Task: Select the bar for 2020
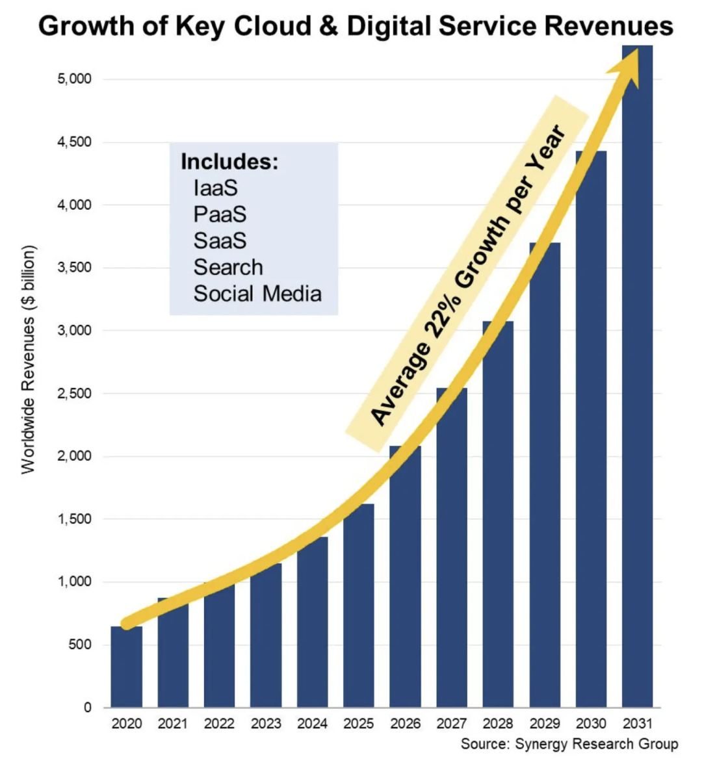pyautogui.click(x=126, y=667)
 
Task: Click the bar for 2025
pyautogui.click(x=359, y=606)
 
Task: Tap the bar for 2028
pyautogui.click(x=498, y=514)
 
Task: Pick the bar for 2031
pyautogui.click(x=638, y=376)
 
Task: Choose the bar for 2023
pyautogui.click(x=266, y=635)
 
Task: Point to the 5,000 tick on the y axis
pyautogui.click(x=75, y=79)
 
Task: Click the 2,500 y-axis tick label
pyautogui.click(x=75, y=393)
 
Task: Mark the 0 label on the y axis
pyautogui.click(x=88, y=707)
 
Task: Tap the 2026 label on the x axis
pyautogui.click(x=406, y=723)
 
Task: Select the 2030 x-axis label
pyautogui.click(x=591, y=723)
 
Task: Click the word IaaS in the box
pyautogui.click(x=215, y=188)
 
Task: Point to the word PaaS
pyautogui.click(x=220, y=214)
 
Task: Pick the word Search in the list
pyautogui.click(x=228, y=267)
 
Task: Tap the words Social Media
pyautogui.click(x=257, y=294)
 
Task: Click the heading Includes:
pyautogui.click(x=229, y=161)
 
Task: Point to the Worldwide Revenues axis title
pyautogui.click(x=29, y=359)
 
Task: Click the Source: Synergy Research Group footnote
pyautogui.click(x=569, y=744)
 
